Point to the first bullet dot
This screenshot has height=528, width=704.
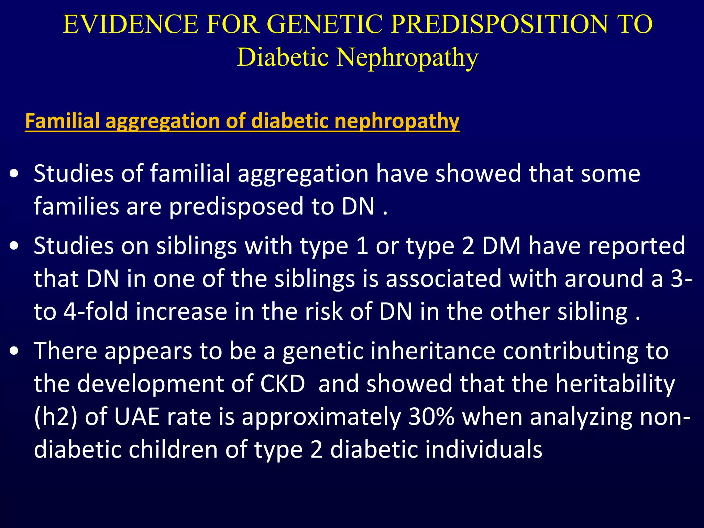coord(14,174)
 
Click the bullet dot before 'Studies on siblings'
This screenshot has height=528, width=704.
coord(14,246)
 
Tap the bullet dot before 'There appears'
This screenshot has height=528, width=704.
coord(14,351)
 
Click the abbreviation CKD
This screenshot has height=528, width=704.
coord(283,384)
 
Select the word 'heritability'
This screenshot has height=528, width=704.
coord(615,384)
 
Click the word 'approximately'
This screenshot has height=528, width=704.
coord(321,417)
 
